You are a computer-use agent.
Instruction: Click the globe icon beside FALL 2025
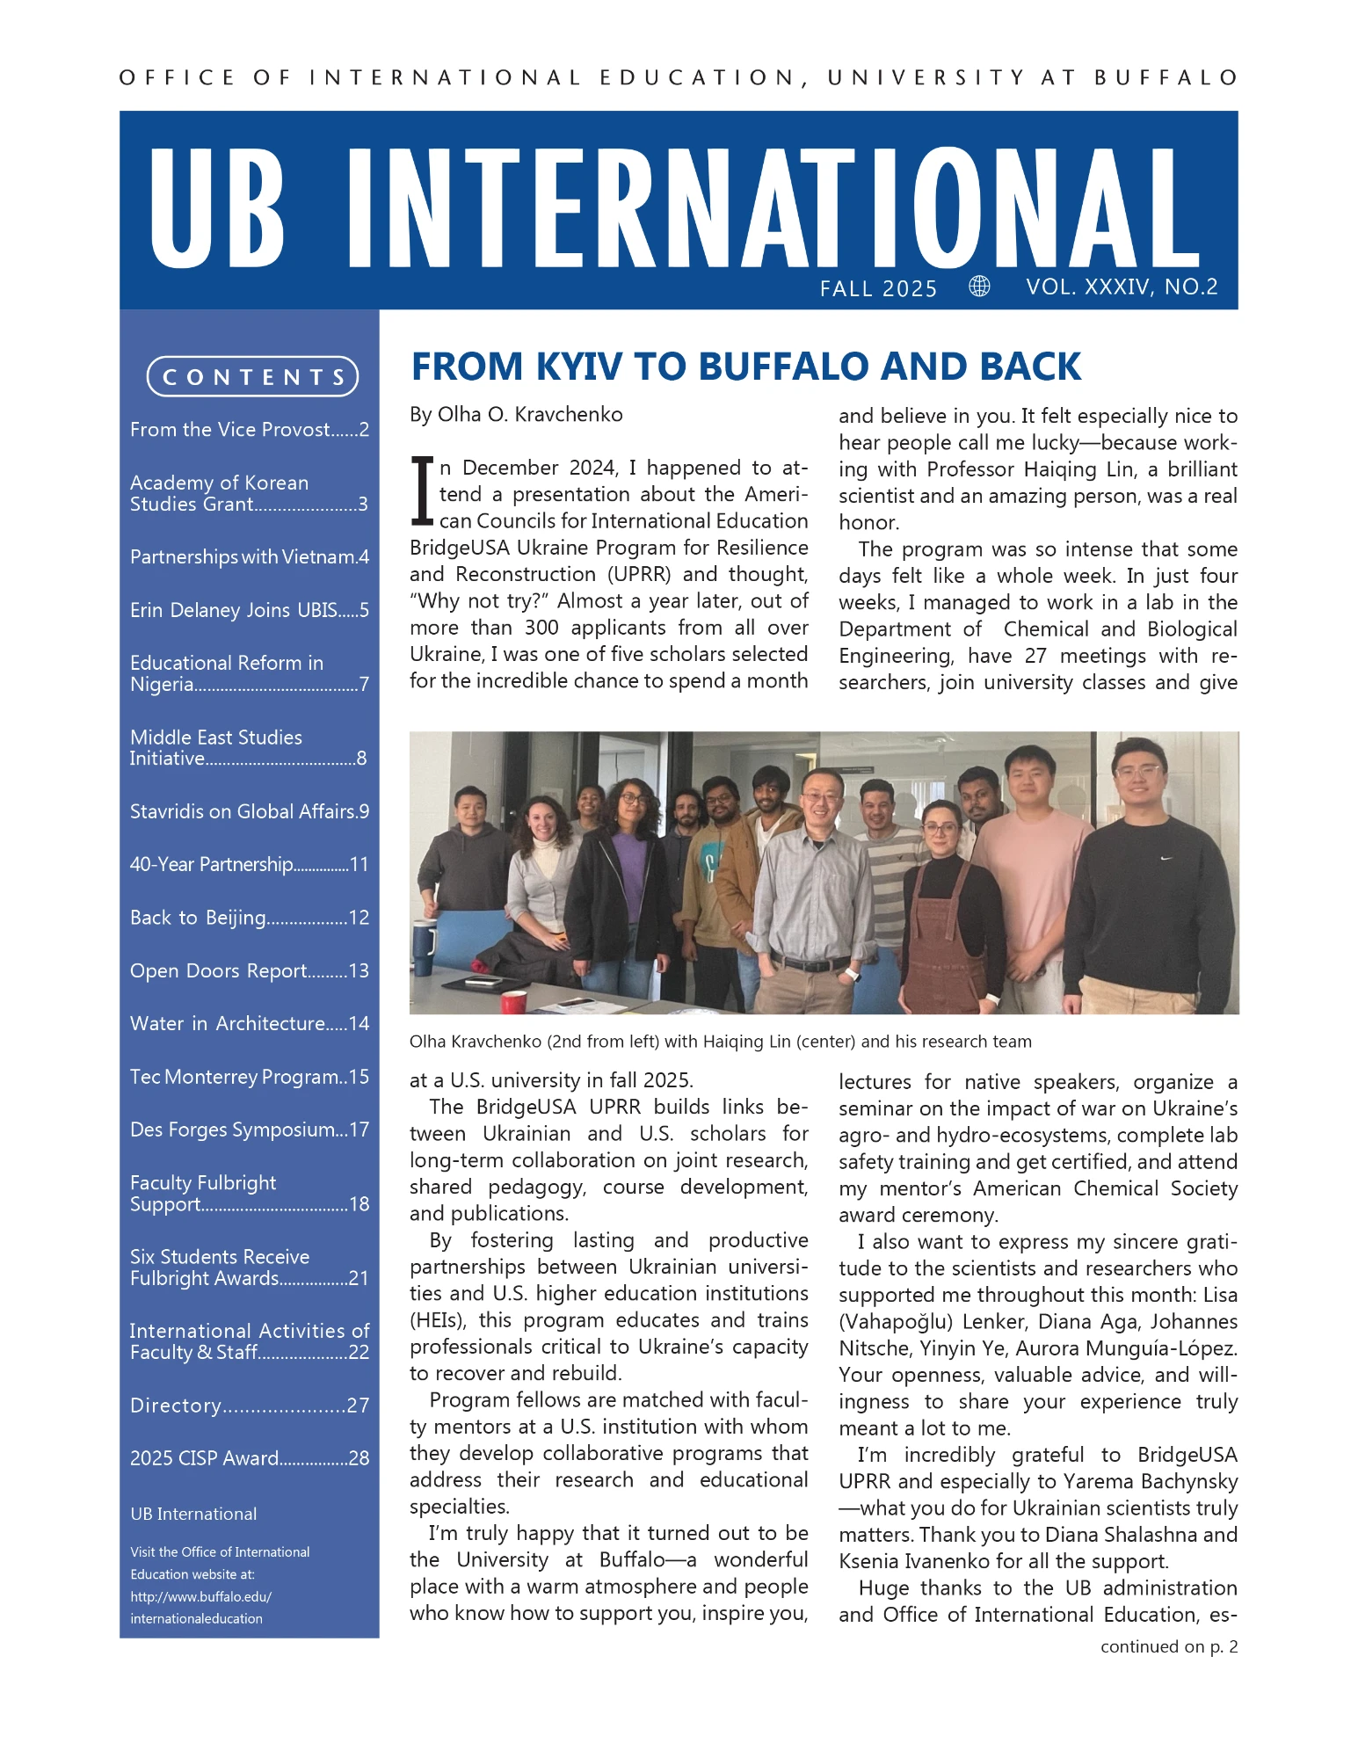click(x=979, y=287)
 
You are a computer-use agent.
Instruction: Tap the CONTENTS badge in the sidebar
click(x=252, y=377)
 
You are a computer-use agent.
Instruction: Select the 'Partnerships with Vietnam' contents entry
click(x=249, y=557)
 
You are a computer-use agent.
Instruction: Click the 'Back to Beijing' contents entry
click(x=249, y=918)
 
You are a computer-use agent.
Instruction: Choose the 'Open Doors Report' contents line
click(x=249, y=970)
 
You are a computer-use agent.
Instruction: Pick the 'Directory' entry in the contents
click(x=249, y=1406)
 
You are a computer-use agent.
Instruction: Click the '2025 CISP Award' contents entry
click(x=249, y=1458)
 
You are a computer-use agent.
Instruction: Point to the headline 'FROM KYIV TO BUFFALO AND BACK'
click(x=745, y=367)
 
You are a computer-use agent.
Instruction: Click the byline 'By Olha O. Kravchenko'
click(x=516, y=415)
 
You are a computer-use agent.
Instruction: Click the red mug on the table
click(x=513, y=1001)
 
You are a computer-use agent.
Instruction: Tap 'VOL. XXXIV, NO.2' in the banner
click(x=1122, y=287)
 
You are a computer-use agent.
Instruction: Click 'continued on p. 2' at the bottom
click(x=1168, y=1646)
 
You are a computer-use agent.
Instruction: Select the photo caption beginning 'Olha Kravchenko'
click(x=720, y=1042)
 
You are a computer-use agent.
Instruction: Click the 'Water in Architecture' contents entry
click(x=249, y=1024)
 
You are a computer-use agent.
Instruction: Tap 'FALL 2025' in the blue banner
click(x=878, y=289)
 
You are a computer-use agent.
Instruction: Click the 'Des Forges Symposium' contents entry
click(x=249, y=1130)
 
